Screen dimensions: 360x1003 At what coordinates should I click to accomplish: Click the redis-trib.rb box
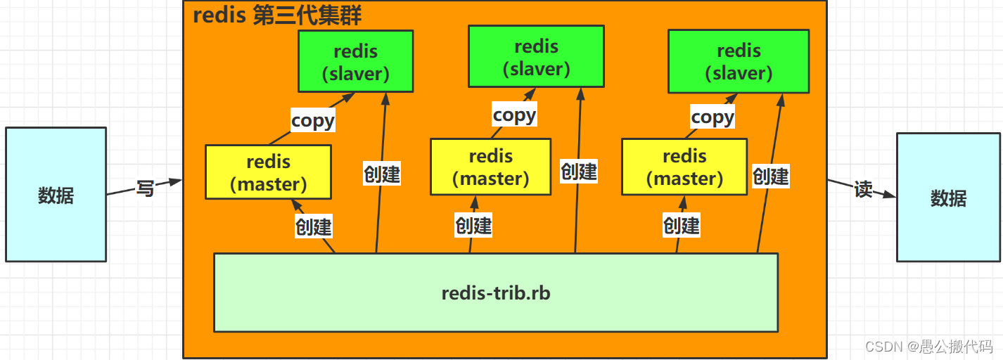495,292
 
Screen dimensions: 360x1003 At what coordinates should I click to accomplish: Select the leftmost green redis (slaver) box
355,62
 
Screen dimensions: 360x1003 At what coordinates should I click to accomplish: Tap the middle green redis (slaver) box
536,58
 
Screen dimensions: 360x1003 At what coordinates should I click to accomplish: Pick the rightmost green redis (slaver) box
739,62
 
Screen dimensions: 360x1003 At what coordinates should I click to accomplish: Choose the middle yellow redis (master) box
490,167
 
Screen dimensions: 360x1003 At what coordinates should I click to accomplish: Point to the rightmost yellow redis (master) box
684,167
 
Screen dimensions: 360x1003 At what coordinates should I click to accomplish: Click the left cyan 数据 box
56,195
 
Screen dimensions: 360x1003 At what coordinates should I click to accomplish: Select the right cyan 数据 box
948,198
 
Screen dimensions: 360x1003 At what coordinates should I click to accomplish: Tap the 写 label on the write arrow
145,188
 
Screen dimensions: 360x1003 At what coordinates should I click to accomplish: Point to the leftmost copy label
313,120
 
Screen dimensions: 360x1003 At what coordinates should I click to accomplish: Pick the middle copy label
514,115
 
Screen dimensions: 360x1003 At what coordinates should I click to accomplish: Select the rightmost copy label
713,117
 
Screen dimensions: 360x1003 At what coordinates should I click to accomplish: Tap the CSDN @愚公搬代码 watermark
928,346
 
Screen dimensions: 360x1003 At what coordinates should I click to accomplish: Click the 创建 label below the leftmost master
313,226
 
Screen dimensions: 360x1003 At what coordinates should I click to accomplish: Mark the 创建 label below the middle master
473,225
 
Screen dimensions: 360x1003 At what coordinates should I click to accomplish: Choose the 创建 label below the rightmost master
682,225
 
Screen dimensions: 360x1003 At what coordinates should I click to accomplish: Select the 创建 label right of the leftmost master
382,173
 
